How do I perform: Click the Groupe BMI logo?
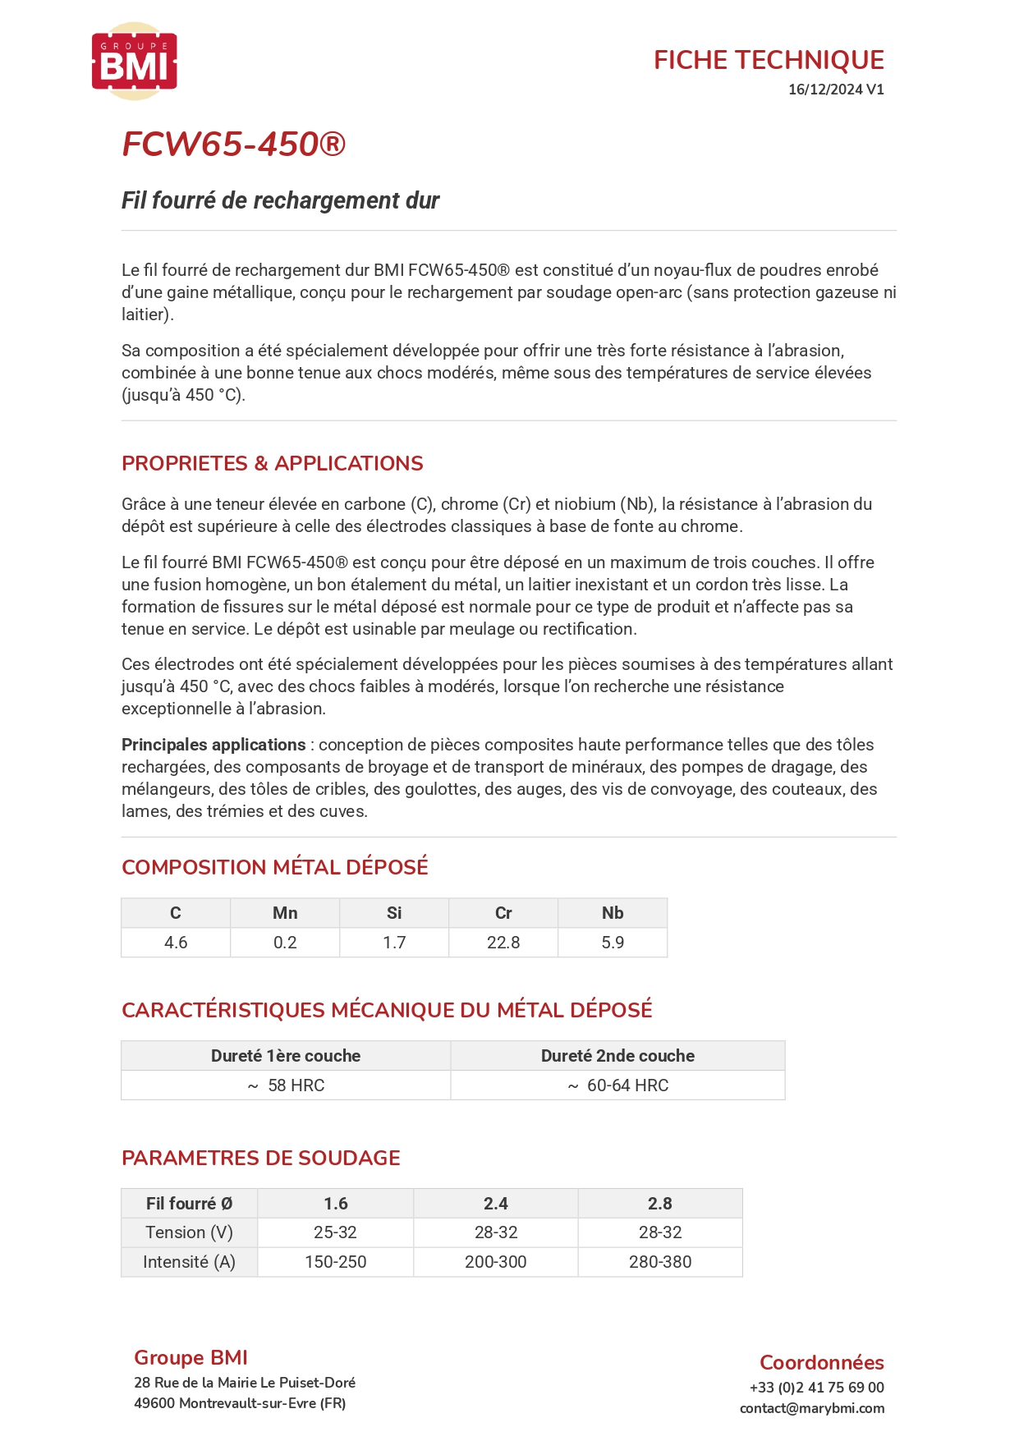pos(135,62)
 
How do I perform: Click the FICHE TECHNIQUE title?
pos(769,60)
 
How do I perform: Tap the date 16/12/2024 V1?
pos(836,89)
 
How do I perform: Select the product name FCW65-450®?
pos(234,145)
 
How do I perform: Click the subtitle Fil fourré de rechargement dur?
pos(281,200)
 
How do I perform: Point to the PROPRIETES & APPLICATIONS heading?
pos(273,463)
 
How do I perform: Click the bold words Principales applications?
pos(213,745)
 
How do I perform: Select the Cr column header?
pos(503,913)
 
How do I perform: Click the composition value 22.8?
pos(503,943)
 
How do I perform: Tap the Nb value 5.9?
pos(613,943)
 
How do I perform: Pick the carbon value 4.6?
pos(176,943)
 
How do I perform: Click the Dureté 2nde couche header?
pos(617,1056)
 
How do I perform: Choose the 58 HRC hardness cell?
pos(287,1085)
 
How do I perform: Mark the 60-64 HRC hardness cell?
pos(618,1085)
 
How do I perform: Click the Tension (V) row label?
pos(189,1232)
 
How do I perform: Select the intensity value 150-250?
pos(335,1262)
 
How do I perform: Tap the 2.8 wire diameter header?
pos(660,1204)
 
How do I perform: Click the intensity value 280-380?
pos(660,1262)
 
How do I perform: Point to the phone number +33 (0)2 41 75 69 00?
pos(817,1388)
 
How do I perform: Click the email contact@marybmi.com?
pos(812,1408)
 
